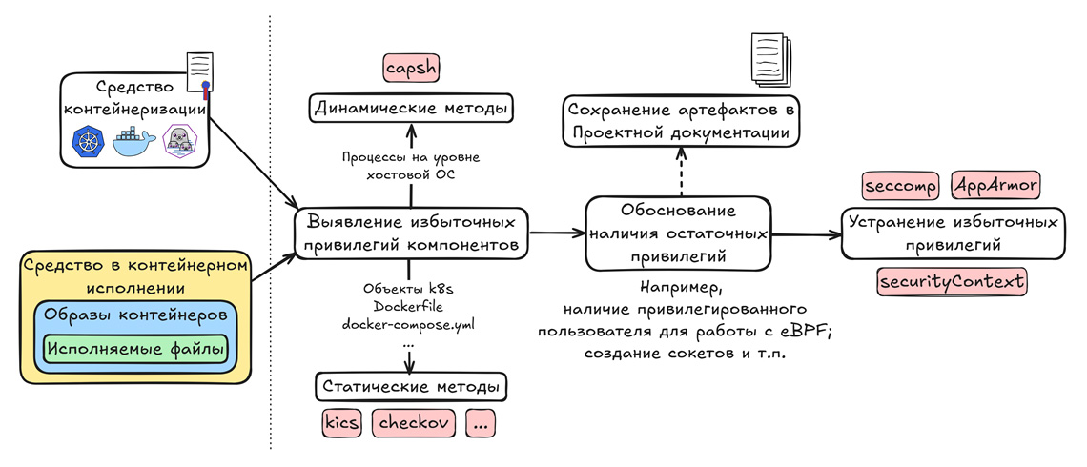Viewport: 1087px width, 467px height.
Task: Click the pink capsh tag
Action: click(x=411, y=69)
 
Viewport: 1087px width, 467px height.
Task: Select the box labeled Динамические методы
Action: click(x=411, y=108)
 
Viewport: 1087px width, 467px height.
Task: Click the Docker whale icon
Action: click(x=133, y=143)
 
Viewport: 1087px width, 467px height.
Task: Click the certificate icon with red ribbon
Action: click(x=198, y=73)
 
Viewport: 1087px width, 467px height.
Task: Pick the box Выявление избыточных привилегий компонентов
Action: click(x=412, y=233)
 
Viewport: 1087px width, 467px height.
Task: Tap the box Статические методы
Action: click(x=411, y=388)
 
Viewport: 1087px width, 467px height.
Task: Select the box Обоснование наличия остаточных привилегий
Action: click(x=677, y=232)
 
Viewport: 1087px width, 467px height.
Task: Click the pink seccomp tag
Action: click(x=900, y=185)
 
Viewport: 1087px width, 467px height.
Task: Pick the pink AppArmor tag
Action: click(x=995, y=185)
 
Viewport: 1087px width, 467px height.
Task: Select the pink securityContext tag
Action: click(x=952, y=282)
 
